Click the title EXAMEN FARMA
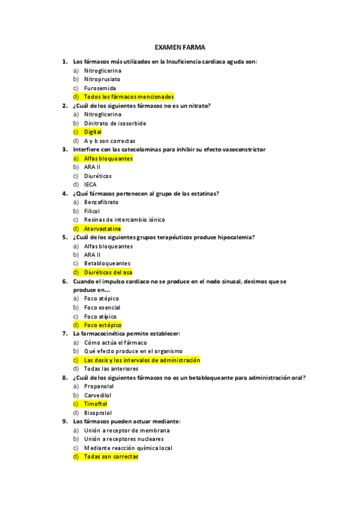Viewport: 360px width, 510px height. click(x=180, y=47)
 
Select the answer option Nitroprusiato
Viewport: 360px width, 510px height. click(x=102, y=79)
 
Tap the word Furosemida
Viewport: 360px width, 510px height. click(x=100, y=88)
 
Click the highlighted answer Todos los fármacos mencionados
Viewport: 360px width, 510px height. click(x=129, y=96)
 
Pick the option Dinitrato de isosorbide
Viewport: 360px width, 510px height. click(x=115, y=123)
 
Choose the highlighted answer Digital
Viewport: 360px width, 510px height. click(x=93, y=132)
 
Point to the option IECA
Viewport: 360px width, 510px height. click(x=90, y=185)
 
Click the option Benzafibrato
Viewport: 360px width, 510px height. click(x=101, y=202)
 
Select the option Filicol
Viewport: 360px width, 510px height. click(x=93, y=211)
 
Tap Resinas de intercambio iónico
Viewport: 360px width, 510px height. click(x=124, y=220)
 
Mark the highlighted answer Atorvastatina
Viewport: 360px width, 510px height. click(x=102, y=229)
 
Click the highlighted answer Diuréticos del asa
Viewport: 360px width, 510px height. click(x=108, y=272)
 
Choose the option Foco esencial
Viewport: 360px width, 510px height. click(x=102, y=307)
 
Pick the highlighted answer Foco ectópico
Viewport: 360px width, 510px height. click(x=102, y=325)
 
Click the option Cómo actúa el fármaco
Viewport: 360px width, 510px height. click(x=115, y=342)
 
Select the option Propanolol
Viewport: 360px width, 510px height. click(x=99, y=386)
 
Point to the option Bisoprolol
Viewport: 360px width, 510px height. click(x=98, y=413)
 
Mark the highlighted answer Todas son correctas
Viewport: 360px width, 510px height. click(x=111, y=456)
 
